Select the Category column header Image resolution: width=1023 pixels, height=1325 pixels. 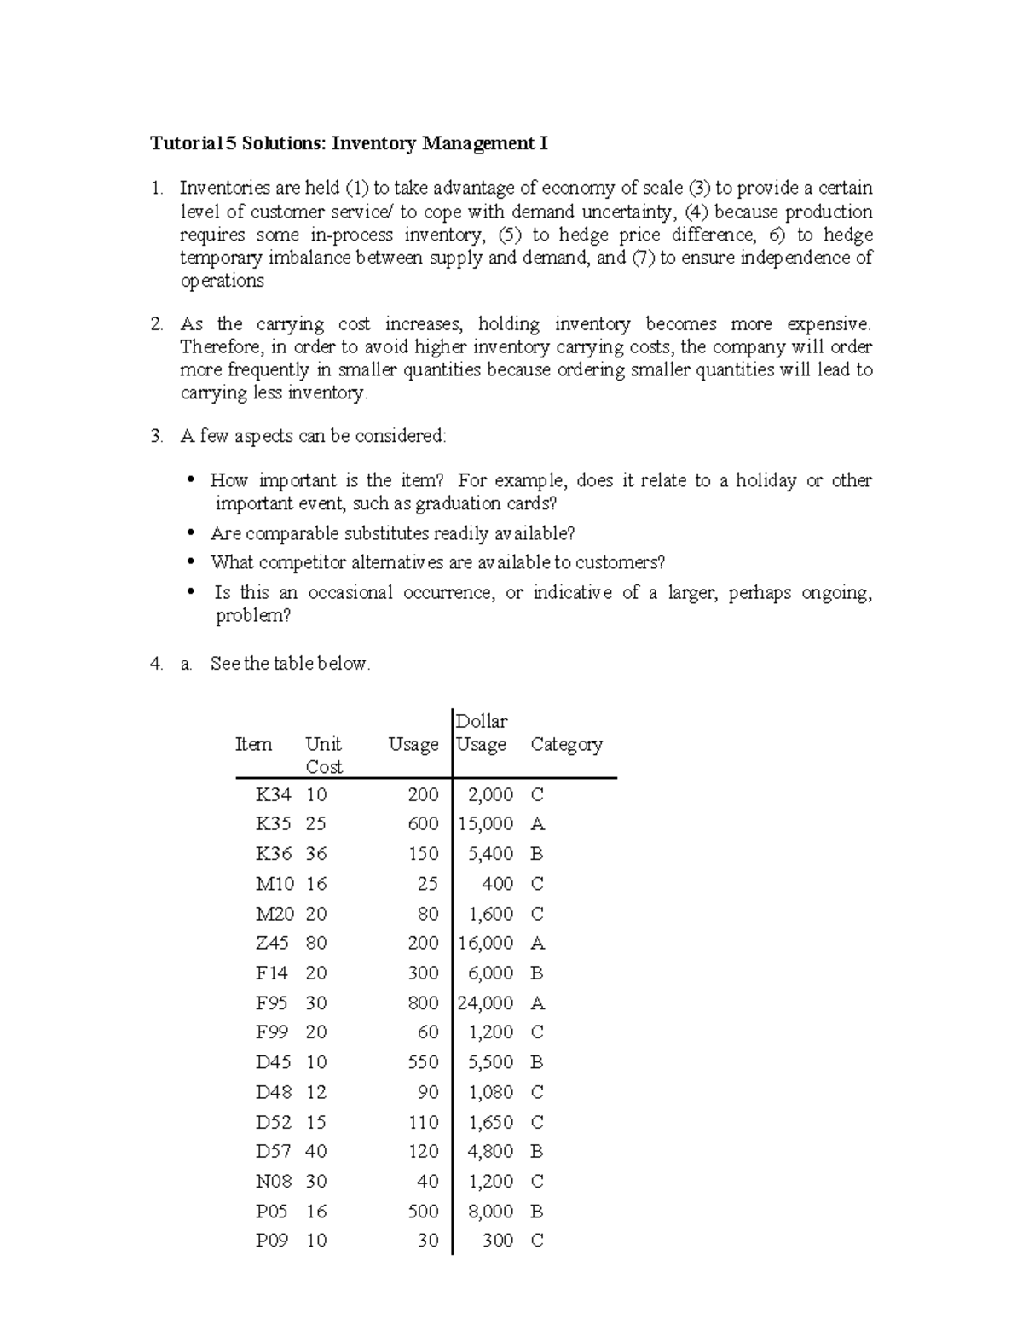[x=566, y=745]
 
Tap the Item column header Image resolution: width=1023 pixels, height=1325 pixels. [x=253, y=745]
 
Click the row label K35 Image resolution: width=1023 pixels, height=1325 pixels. [x=273, y=824]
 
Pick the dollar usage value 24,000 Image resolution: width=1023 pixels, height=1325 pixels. [x=486, y=1003]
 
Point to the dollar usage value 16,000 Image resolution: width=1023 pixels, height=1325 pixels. [x=486, y=944]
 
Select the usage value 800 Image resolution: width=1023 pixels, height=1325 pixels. [x=423, y=1003]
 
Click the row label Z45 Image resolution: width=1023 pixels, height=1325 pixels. [x=273, y=944]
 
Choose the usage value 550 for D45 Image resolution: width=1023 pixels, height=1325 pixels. [x=423, y=1063]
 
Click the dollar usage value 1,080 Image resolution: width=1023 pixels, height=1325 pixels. [x=491, y=1093]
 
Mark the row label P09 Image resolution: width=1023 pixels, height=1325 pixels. [x=273, y=1241]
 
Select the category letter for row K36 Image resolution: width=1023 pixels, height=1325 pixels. [x=537, y=854]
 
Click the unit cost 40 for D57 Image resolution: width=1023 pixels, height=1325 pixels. [x=316, y=1152]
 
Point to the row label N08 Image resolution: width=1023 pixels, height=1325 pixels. [x=273, y=1182]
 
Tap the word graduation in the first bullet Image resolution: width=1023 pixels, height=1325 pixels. [x=460, y=504]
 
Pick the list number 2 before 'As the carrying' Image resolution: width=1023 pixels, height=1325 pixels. [x=156, y=324]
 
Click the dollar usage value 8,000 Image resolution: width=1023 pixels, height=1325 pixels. [x=491, y=1212]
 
